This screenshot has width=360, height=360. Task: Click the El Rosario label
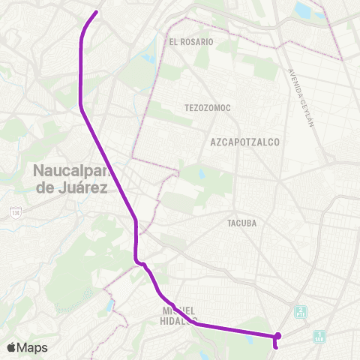[191, 42]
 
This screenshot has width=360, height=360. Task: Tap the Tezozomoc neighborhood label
[208, 108]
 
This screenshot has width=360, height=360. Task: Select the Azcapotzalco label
[245, 141]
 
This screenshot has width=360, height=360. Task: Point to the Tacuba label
[242, 223]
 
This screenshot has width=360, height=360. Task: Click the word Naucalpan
[72, 172]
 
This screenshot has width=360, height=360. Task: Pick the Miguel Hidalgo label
[178, 314]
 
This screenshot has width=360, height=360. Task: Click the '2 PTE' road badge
[301, 311]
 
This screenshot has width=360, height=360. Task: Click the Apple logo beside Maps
[10, 348]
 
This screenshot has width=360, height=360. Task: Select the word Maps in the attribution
[32, 348]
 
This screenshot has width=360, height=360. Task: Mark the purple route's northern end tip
[97, 12]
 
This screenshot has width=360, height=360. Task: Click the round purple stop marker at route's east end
[278, 335]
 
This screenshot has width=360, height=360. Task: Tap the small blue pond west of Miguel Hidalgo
[112, 306]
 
